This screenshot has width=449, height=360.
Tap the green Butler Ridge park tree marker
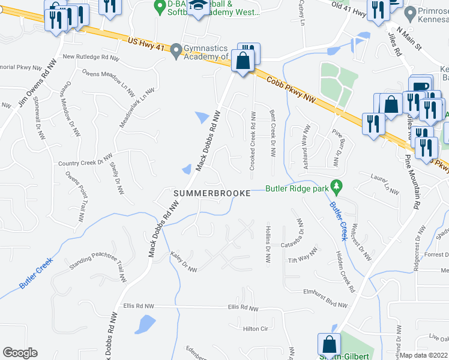pos(337,187)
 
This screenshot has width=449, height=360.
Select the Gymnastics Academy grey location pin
pos(176,50)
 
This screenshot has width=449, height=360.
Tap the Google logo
pos(20,352)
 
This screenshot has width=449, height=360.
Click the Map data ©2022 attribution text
pos(423,355)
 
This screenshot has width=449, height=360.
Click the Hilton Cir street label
pos(255,329)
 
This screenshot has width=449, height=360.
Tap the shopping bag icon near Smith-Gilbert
pos(329,345)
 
